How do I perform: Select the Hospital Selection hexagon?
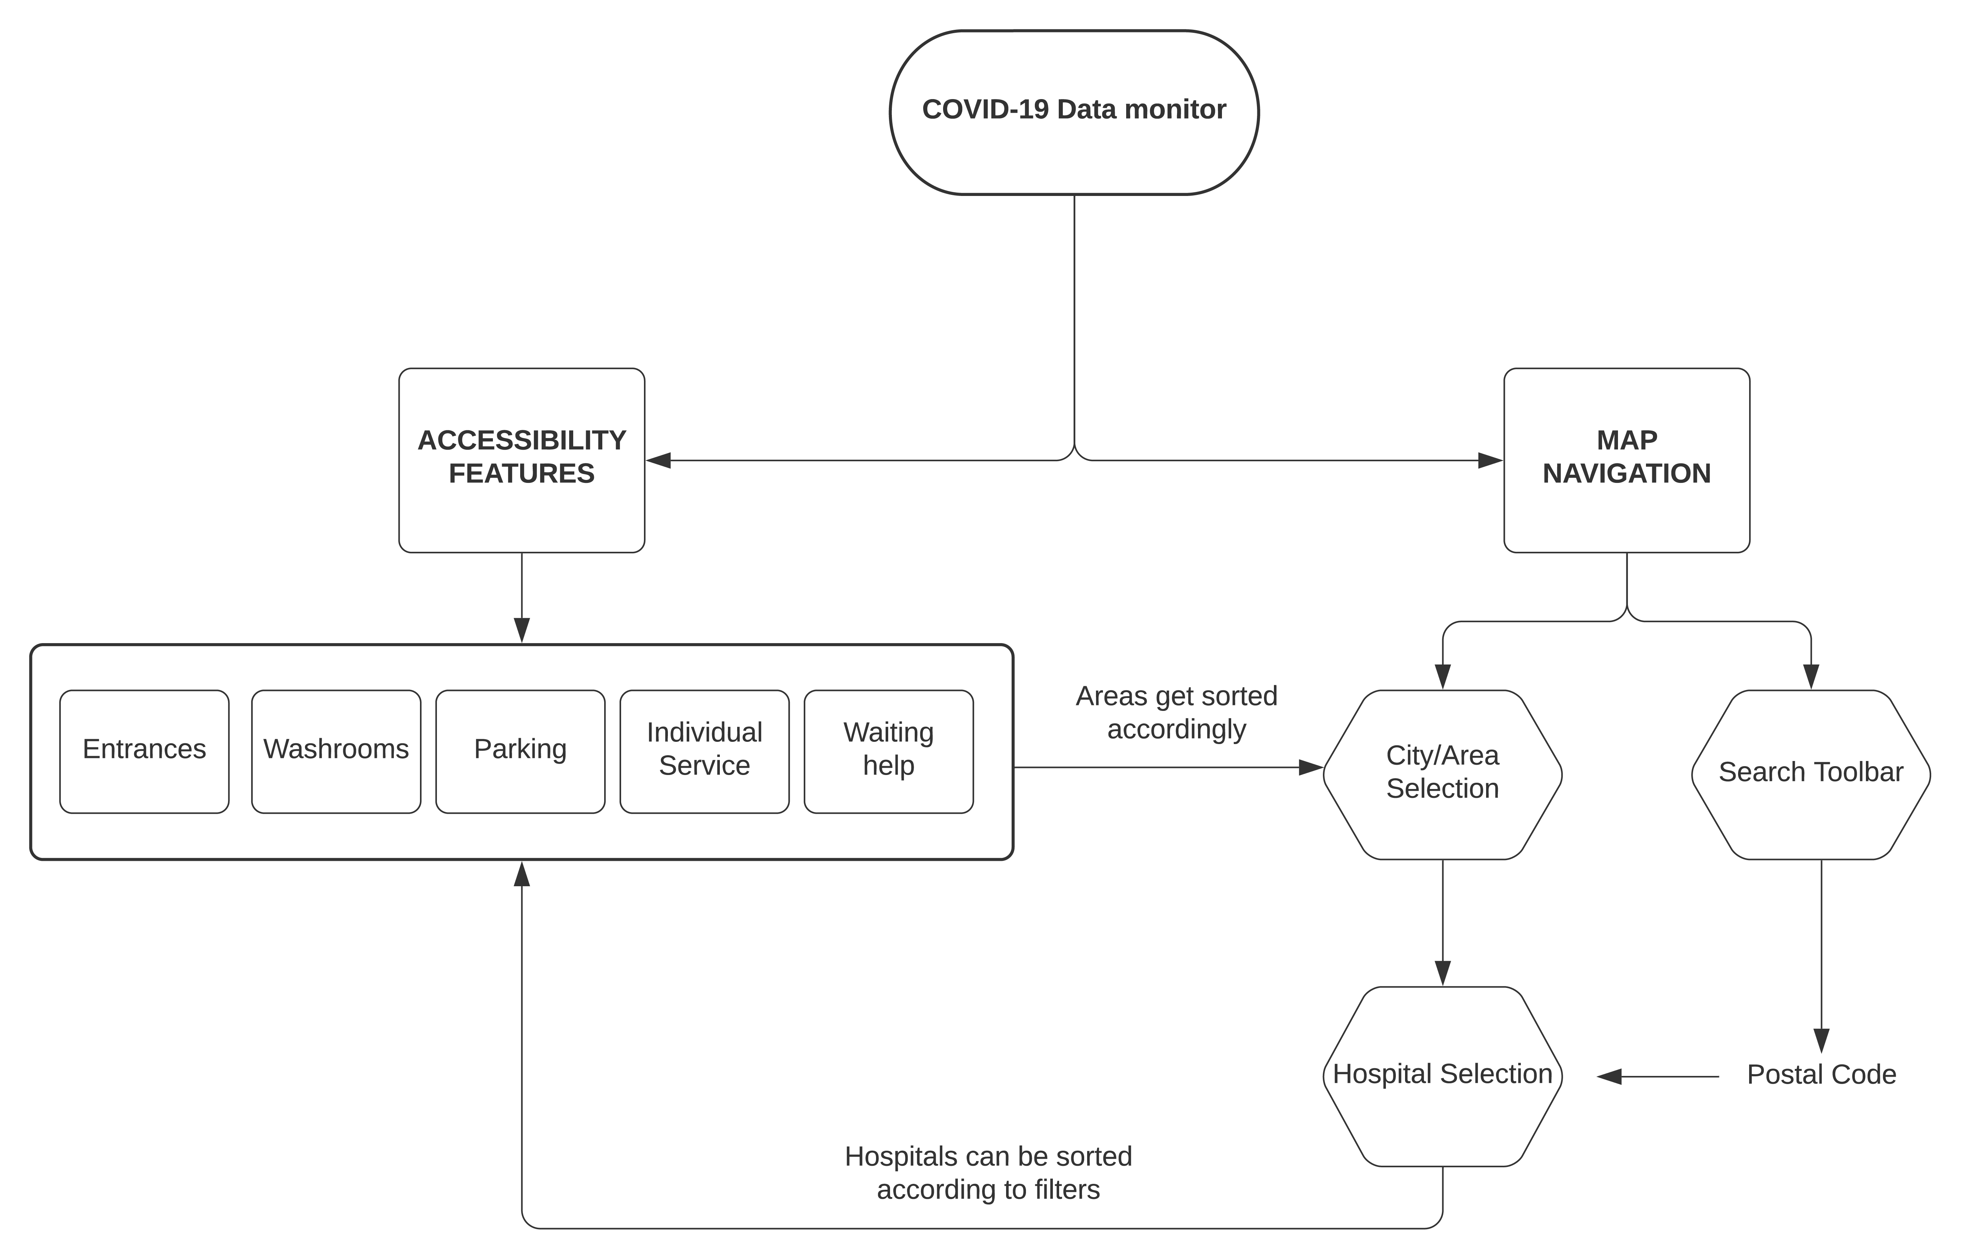point(1442,1076)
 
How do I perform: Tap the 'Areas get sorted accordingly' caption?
point(1176,712)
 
